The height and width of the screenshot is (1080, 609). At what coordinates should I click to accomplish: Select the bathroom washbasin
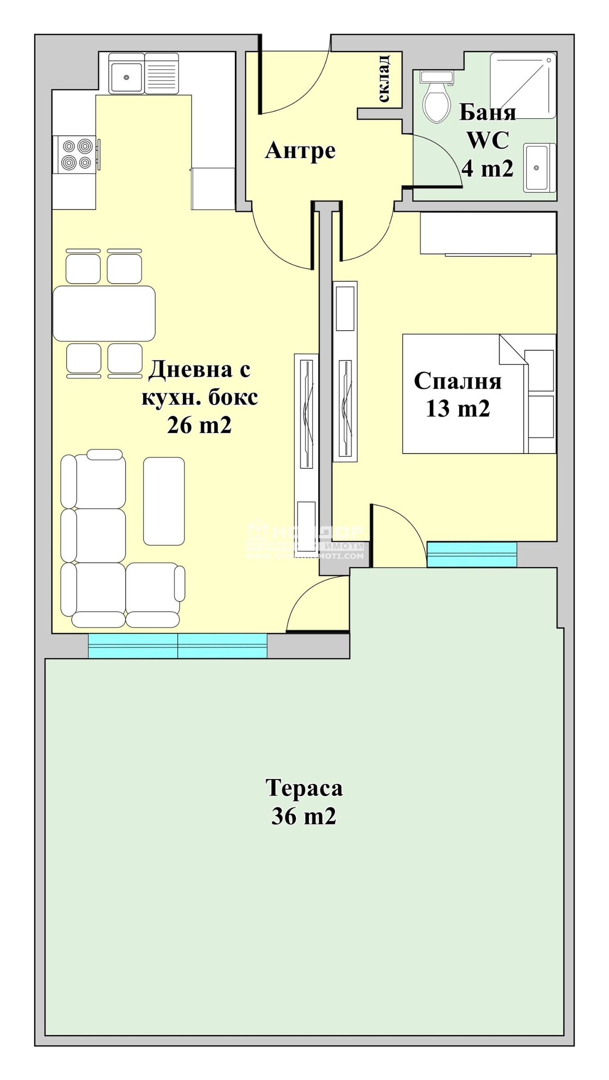pos(539,167)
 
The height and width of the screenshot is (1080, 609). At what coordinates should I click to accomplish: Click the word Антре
pos(300,150)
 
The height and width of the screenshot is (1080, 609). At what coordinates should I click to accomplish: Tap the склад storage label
pos(383,79)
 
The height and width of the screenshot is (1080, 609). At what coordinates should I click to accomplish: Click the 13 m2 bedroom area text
pos(458,409)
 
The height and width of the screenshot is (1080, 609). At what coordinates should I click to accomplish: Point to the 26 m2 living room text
pos(199,424)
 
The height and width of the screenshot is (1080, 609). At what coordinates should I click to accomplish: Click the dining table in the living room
pos(104,313)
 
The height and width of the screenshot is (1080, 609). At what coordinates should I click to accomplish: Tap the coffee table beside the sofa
pos(164,501)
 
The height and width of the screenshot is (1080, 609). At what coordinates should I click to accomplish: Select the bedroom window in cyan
pos(472,554)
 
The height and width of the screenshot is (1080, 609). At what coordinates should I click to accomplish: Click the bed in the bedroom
pos(478,393)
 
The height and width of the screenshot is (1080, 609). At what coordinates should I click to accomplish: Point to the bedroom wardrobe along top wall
pos(488,233)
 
